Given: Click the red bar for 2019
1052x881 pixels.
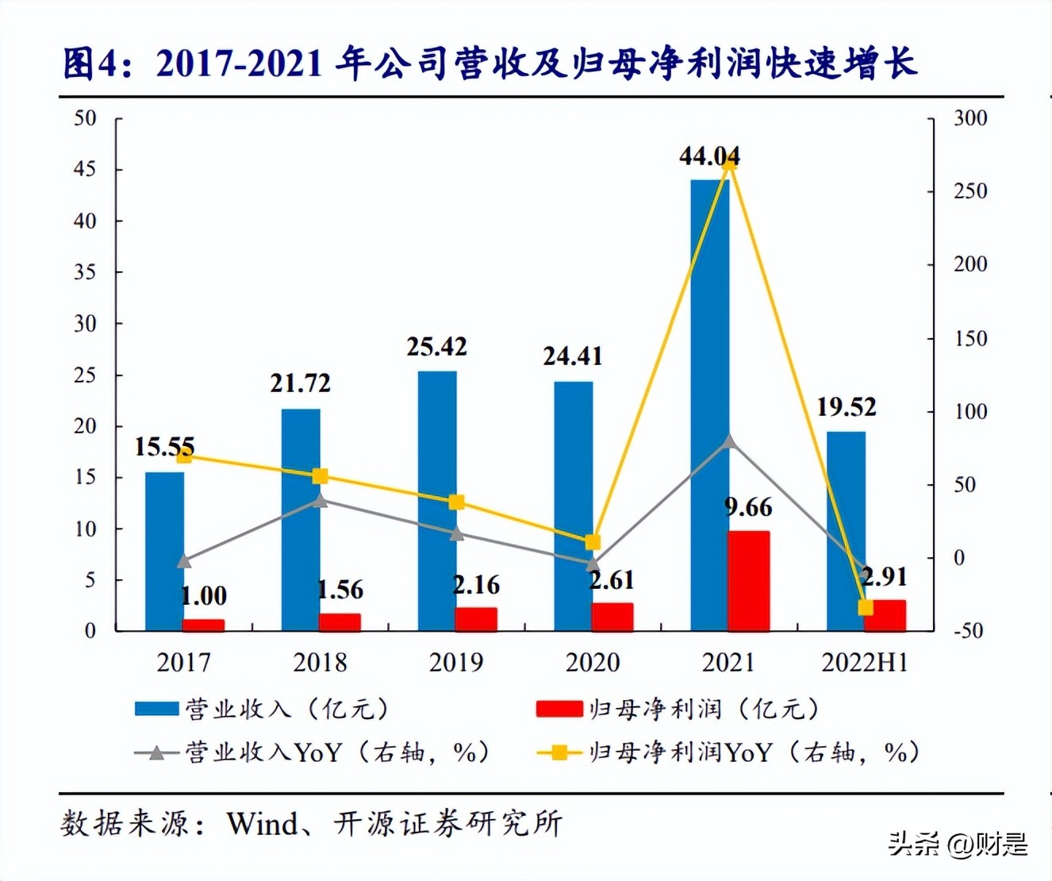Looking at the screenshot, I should click(x=476, y=619).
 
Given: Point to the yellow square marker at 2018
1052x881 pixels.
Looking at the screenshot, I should click(x=320, y=476).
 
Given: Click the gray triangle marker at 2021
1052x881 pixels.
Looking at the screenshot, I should click(x=729, y=442).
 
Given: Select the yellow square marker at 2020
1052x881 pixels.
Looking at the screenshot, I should click(x=593, y=543).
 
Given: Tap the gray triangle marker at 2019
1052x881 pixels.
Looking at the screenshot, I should click(x=456, y=533).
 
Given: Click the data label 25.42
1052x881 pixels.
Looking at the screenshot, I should click(x=436, y=347).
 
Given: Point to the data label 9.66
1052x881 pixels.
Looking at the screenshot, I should click(x=748, y=507).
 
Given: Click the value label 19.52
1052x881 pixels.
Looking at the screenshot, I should click(x=847, y=407).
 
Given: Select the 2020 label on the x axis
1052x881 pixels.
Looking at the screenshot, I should click(x=592, y=662).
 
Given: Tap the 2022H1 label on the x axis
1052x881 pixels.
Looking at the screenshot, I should click(x=865, y=662).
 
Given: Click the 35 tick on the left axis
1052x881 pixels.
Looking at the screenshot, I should click(x=85, y=272).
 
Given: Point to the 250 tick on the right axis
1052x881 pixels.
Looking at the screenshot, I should click(x=969, y=191).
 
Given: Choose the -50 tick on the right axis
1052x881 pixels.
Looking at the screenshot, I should click(x=967, y=631).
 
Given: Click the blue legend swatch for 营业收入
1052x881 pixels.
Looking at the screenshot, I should click(x=156, y=709).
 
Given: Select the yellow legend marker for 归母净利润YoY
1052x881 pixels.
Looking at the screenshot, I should click(x=559, y=752).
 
